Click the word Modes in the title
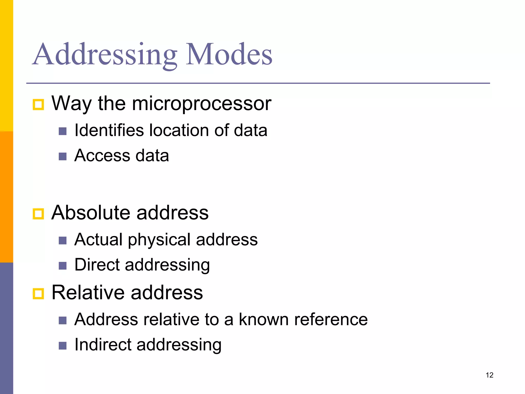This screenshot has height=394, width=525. click(x=229, y=54)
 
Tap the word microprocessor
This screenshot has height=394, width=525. click(x=201, y=104)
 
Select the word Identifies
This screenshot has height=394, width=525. click(x=109, y=130)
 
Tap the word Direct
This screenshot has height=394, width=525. click(x=97, y=265)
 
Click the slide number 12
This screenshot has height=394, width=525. click(x=489, y=375)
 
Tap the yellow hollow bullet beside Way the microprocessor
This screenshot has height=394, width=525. click(x=38, y=105)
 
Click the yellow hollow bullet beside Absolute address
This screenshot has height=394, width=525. click(x=38, y=214)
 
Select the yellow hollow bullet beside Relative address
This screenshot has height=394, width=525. click(x=38, y=294)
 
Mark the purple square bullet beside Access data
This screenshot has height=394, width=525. click(x=63, y=156)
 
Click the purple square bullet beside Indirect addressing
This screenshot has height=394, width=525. click(x=63, y=346)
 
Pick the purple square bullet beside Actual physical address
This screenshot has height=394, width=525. click(x=63, y=240)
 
